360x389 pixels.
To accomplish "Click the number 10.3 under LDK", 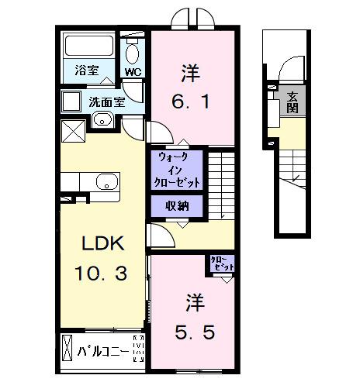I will click(x=102, y=273).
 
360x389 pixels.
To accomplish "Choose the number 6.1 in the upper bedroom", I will click(x=191, y=101).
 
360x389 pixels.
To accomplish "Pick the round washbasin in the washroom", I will click(x=101, y=119).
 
